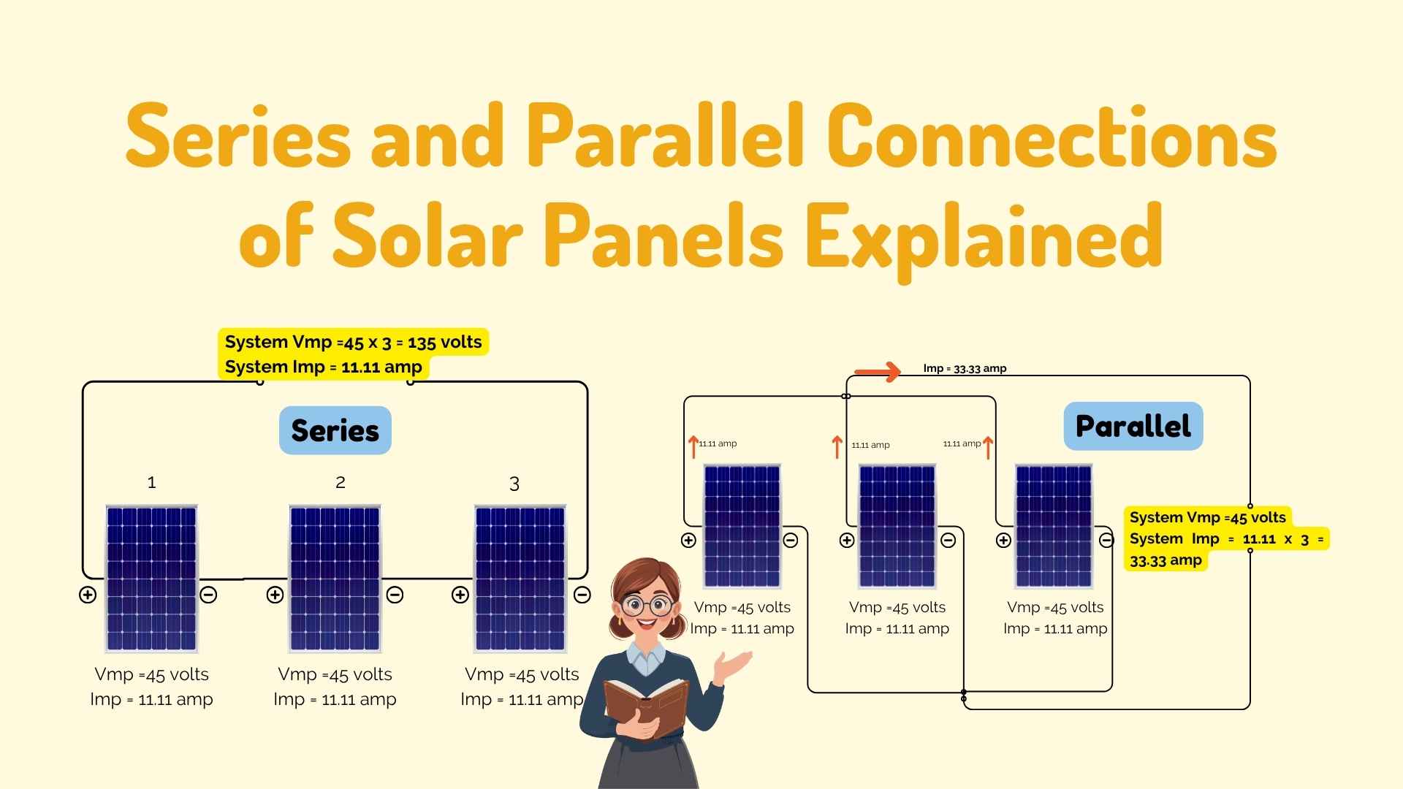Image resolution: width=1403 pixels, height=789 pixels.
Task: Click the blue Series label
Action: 335,430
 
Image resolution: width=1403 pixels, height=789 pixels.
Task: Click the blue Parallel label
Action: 1133,426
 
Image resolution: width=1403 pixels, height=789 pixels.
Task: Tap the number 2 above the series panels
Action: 340,482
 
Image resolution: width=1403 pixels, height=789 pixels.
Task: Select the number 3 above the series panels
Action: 514,484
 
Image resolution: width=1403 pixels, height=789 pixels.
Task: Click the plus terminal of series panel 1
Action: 88,595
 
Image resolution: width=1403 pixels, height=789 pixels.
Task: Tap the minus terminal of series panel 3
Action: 582,595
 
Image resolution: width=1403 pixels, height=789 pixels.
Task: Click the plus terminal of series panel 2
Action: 275,595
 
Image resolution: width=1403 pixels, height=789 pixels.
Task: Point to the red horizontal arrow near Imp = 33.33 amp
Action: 877,372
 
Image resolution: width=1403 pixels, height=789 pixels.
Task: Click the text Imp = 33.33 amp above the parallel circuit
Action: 965,368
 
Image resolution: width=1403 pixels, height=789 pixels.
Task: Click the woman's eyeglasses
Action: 647,605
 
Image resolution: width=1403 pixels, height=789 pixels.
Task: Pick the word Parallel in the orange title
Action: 665,135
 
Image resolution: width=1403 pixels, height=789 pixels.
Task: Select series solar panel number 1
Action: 151,578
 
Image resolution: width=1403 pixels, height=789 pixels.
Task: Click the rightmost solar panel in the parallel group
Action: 1054,526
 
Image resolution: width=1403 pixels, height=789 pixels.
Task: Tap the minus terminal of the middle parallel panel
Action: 948,541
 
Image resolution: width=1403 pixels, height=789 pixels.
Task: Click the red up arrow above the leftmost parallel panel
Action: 693,446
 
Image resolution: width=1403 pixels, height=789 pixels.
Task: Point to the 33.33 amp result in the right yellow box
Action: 1166,560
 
